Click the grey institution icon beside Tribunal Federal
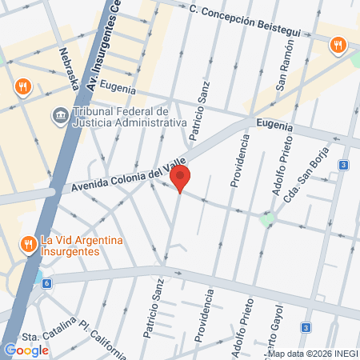(60, 117)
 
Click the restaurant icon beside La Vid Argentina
(28, 242)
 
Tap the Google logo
(26, 350)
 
